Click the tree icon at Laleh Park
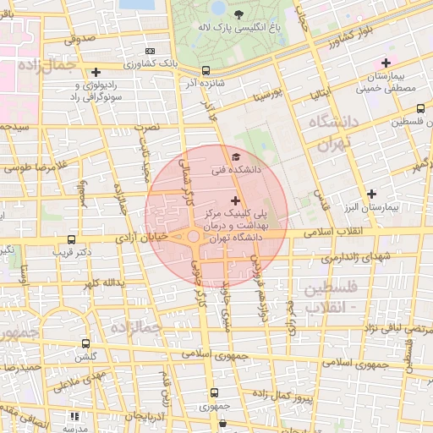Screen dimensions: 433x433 click(x=238, y=14)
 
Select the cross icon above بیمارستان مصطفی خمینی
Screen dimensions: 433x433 click(x=386, y=63)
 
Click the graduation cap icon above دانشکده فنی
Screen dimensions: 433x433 click(x=236, y=157)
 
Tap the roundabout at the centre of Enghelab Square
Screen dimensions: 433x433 click(x=194, y=238)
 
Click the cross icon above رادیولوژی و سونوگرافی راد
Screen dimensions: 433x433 click(x=96, y=73)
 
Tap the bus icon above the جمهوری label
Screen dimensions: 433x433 click(x=213, y=392)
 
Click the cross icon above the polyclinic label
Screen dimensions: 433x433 click(x=234, y=200)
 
